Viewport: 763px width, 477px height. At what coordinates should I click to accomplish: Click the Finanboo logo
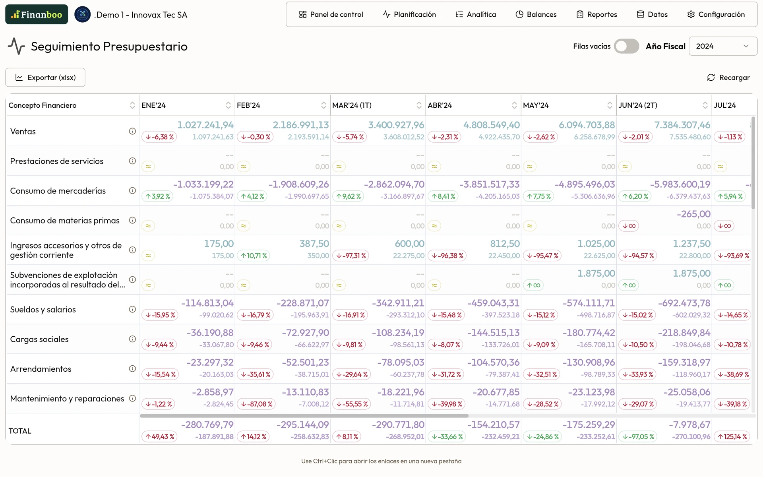click(37, 15)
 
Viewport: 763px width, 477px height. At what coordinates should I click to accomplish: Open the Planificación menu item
click(409, 15)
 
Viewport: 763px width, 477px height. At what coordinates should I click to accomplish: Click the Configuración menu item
click(716, 15)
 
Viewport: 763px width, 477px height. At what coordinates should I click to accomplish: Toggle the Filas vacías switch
click(626, 46)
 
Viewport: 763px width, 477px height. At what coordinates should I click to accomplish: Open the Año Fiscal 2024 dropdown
click(722, 46)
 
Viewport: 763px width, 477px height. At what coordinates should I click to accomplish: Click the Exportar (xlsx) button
click(45, 78)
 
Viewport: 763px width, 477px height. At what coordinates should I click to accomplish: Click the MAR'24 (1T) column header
click(352, 105)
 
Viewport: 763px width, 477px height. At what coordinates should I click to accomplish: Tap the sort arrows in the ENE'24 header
click(228, 105)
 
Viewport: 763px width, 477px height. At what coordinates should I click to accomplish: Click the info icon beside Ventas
click(132, 131)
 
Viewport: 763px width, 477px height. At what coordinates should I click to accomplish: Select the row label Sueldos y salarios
click(43, 310)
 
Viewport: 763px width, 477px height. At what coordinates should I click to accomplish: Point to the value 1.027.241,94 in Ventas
click(205, 125)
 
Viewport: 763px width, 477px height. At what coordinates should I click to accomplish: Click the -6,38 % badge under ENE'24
click(160, 137)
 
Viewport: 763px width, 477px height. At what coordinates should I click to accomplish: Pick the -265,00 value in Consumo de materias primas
click(693, 214)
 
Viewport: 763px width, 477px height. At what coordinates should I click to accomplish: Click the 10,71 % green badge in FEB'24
click(254, 256)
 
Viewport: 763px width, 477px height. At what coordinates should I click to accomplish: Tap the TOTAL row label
click(20, 431)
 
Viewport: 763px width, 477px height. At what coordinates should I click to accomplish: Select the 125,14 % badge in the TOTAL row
click(732, 437)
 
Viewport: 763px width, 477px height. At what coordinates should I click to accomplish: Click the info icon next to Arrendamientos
click(132, 368)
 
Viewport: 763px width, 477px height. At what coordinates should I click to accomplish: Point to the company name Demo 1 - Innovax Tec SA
click(141, 15)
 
